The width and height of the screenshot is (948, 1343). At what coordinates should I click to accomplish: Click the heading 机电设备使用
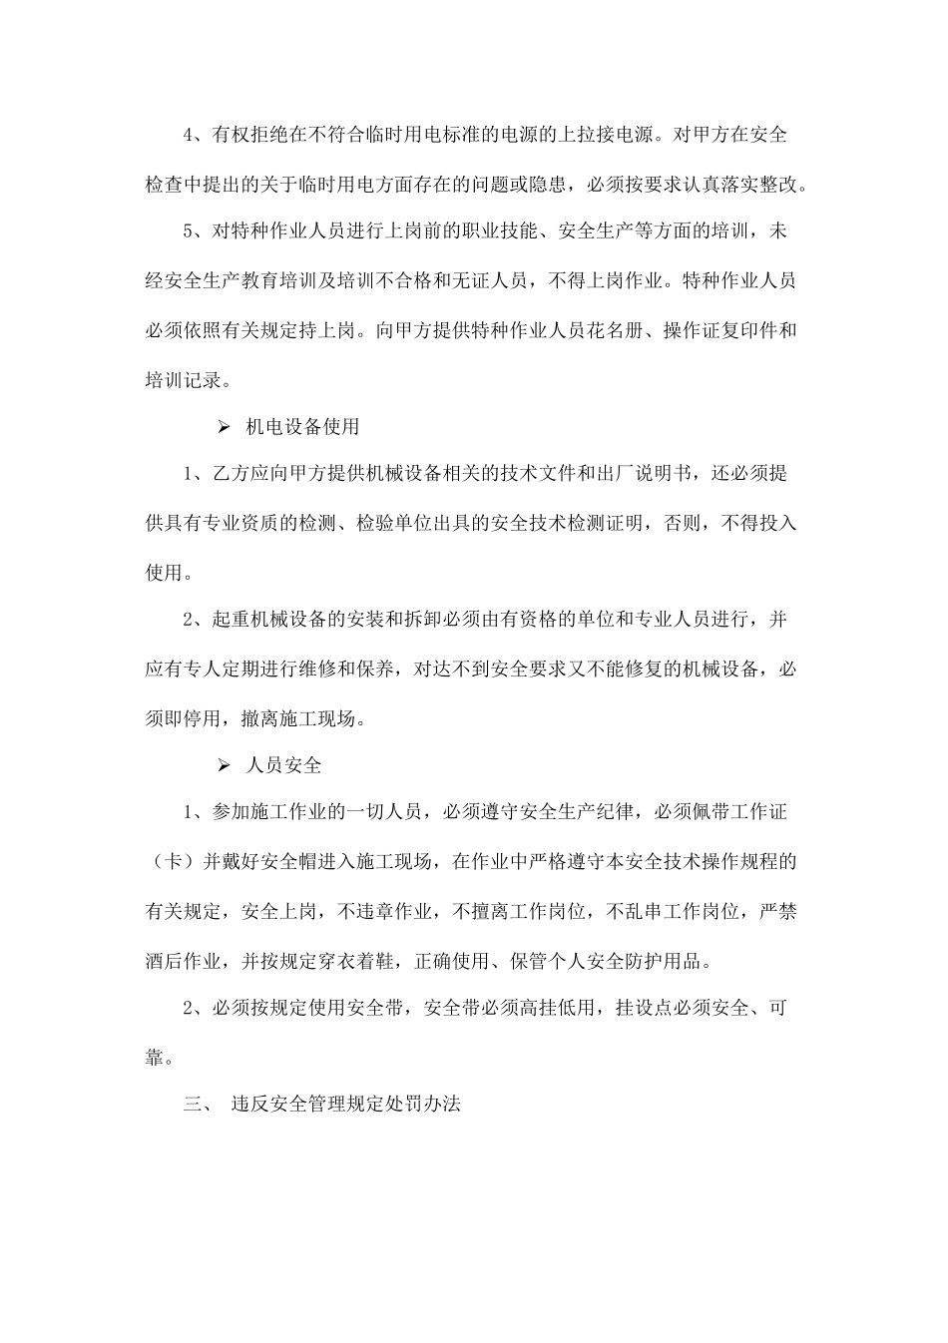[302, 427]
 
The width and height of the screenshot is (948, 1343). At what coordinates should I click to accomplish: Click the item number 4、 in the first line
[197, 135]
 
